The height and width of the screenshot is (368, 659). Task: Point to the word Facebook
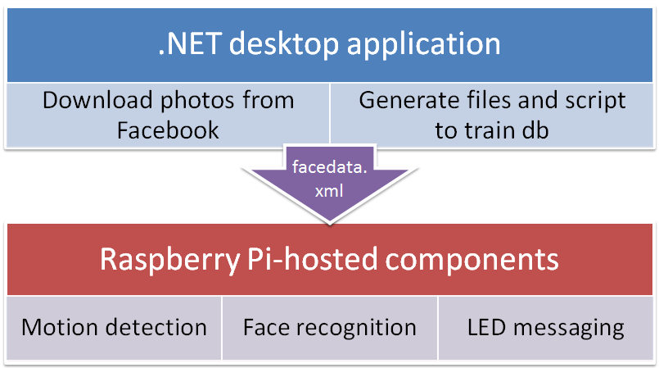coord(168,129)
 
